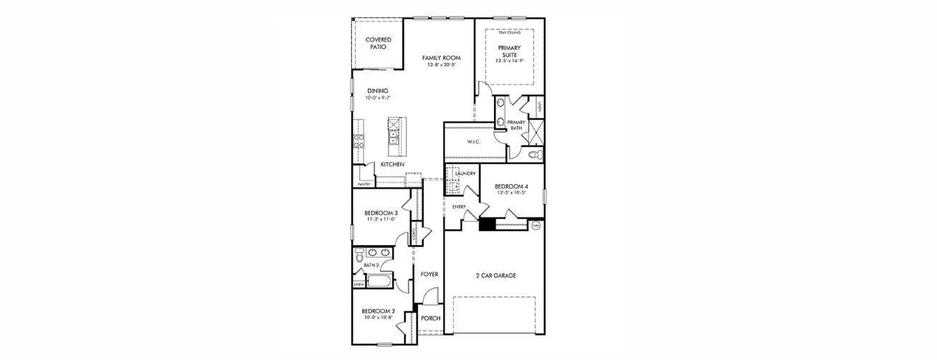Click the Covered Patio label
pos(378,43)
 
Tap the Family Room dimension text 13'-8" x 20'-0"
pos(441,65)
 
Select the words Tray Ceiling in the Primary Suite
pos(510,33)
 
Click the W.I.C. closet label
pos(473,142)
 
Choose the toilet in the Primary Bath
pos(533,154)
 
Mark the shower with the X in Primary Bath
pos(536,134)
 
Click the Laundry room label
pos(465,174)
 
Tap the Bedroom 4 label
pos(511,186)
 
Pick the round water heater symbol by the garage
pos(536,225)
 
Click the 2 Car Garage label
pos(496,275)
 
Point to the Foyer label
pos(429,274)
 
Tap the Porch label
pos(430,318)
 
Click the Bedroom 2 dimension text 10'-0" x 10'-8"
pos(379,317)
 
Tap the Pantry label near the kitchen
pos(363,184)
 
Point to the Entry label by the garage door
pos(459,207)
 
